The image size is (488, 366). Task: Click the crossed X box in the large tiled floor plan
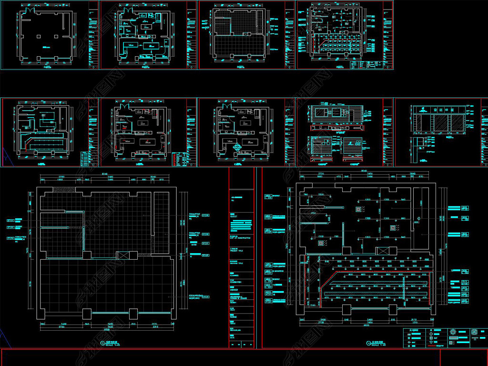122,255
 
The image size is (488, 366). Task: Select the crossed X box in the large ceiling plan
382,251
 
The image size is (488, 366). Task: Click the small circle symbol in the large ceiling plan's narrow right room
416,222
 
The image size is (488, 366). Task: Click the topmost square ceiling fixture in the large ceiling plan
358,209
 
